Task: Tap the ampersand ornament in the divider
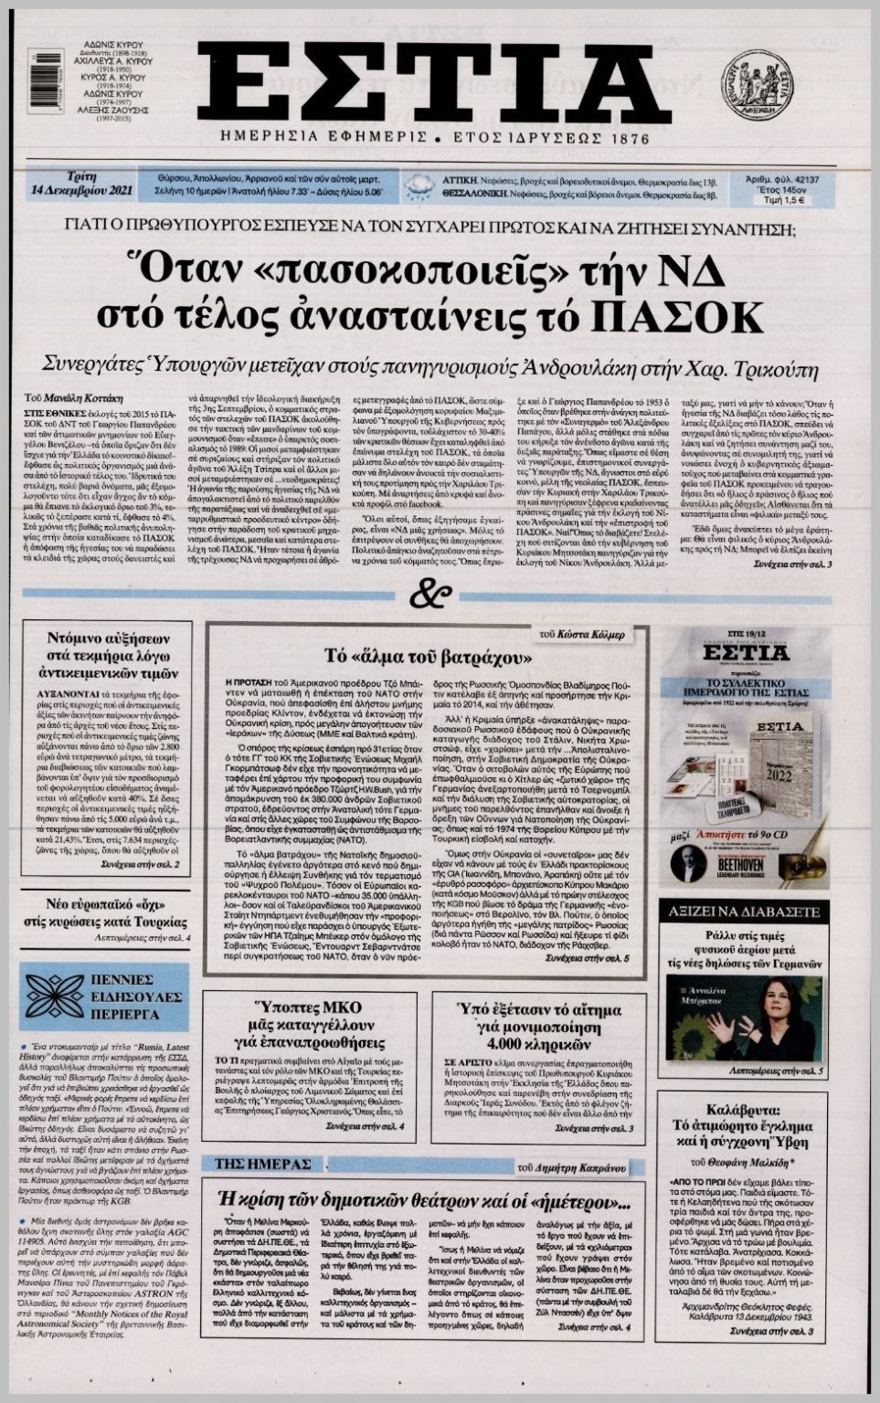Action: tap(430, 596)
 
